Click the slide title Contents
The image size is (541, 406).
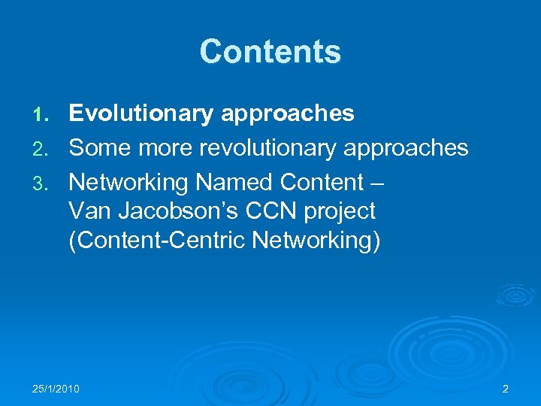[x=270, y=52]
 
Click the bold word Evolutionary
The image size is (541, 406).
[x=141, y=114]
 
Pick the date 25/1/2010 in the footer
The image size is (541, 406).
[x=56, y=389]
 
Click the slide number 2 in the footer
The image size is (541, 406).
[x=505, y=389]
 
